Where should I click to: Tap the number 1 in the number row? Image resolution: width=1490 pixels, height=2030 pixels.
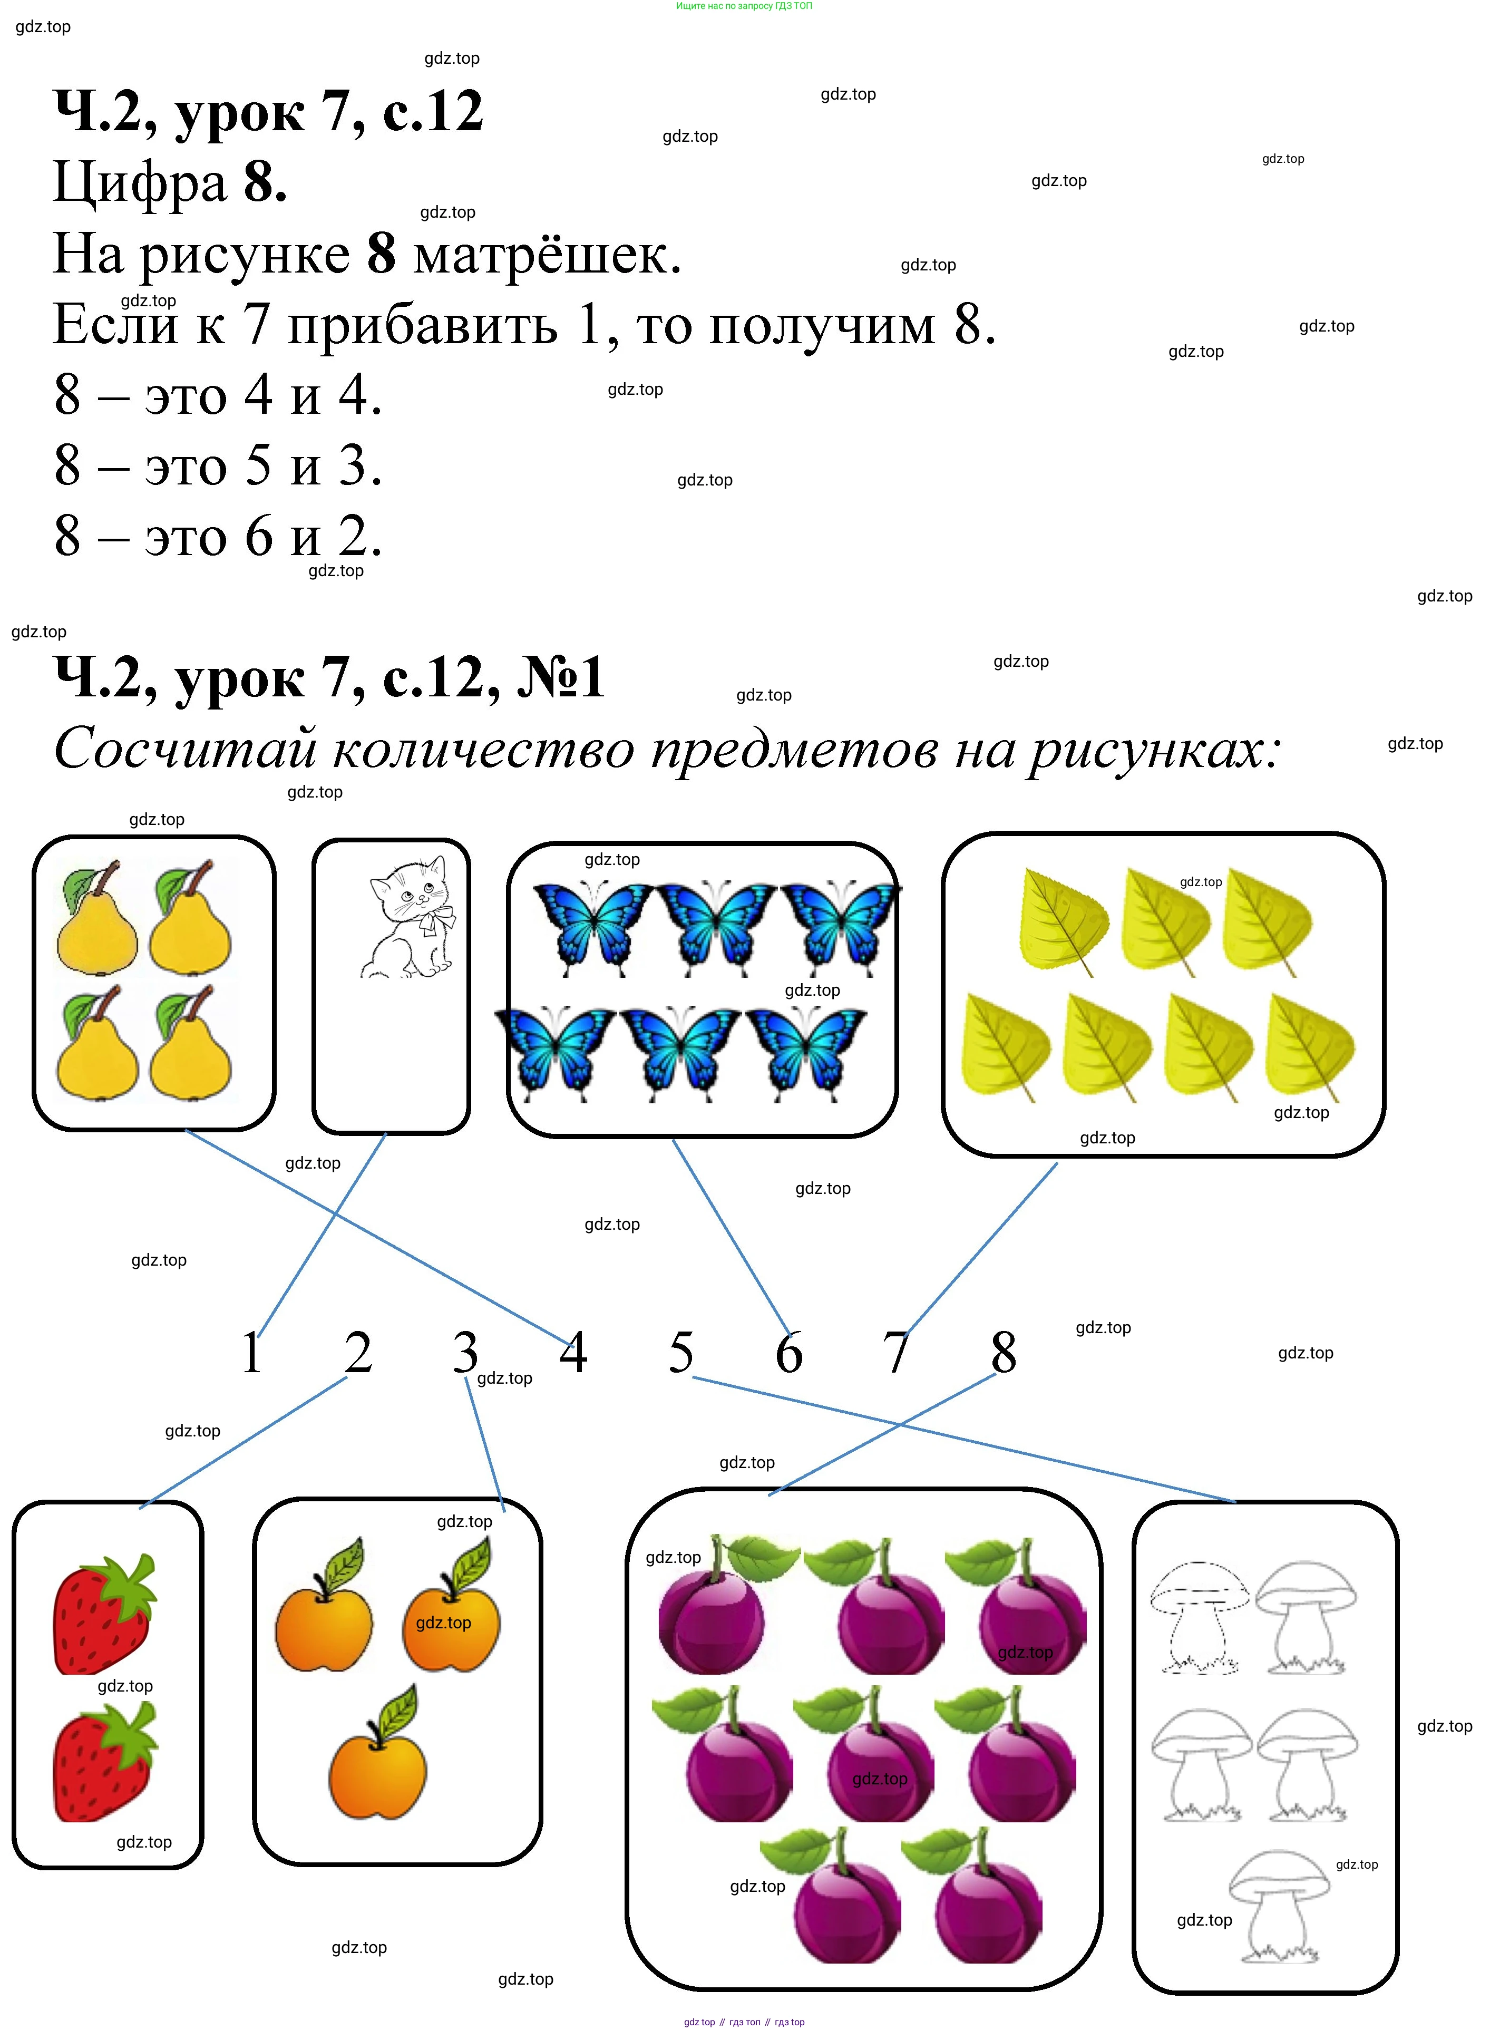251,1353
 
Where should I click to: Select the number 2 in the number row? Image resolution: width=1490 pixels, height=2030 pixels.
358,1353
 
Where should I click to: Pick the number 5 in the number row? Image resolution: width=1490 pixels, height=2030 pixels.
681,1353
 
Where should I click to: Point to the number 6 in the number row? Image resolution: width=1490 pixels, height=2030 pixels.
788,1353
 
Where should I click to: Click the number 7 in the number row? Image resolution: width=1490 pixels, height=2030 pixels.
895,1353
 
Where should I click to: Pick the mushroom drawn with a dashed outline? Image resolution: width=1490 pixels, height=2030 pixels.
1200,1619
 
